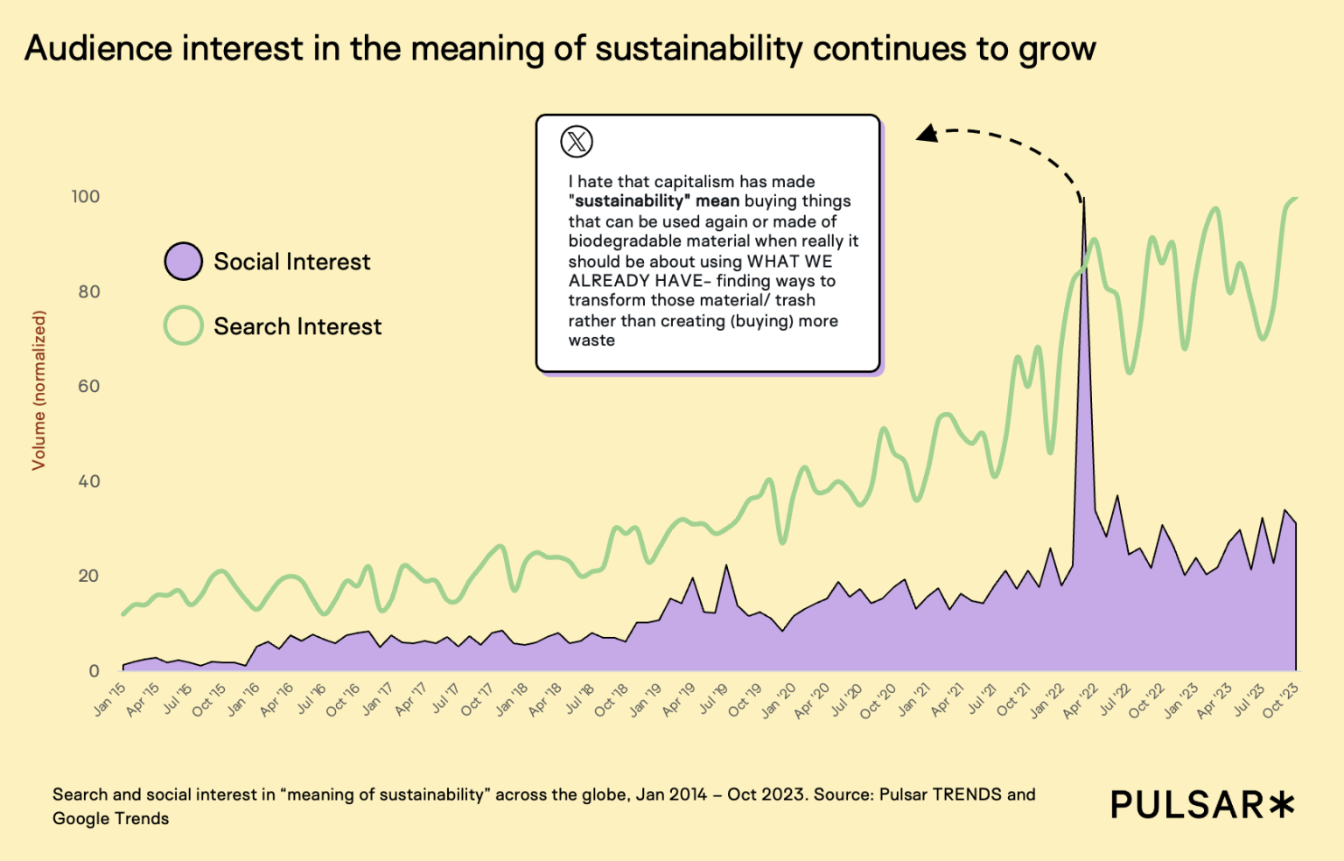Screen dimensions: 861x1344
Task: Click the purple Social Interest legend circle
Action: click(x=184, y=262)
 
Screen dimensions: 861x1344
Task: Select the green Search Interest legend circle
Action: click(x=184, y=325)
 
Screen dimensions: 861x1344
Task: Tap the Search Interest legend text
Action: click(x=297, y=326)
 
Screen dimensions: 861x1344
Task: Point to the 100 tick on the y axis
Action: click(x=86, y=197)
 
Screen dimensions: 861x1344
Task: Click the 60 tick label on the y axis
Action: click(x=88, y=386)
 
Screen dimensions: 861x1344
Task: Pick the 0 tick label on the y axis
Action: click(x=94, y=671)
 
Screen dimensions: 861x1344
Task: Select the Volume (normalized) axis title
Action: click(x=38, y=390)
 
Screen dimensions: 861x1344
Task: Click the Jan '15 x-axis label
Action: click(x=110, y=700)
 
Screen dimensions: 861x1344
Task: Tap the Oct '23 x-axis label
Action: click(x=1281, y=701)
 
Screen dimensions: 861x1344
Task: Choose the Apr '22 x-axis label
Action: click(x=1081, y=701)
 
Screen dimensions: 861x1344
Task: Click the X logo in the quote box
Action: click(x=577, y=141)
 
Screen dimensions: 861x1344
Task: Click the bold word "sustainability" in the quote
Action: click(x=629, y=201)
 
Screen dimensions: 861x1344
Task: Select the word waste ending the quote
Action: click(x=591, y=340)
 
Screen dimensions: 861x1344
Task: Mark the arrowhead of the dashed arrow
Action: click(x=926, y=134)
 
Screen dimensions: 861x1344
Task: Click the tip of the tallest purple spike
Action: click(x=1084, y=199)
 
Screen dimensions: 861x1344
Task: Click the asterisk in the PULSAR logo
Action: click(x=1282, y=804)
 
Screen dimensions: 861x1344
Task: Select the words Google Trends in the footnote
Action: click(x=111, y=819)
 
